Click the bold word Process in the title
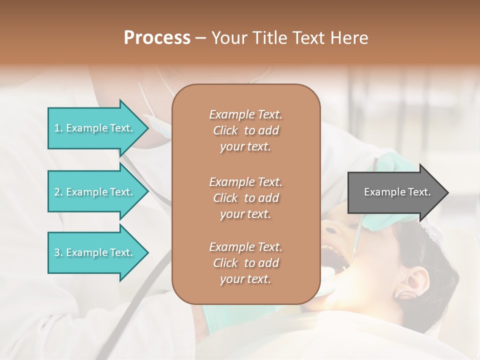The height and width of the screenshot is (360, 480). pyautogui.click(x=157, y=38)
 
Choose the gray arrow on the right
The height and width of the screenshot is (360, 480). pyautogui.click(x=395, y=192)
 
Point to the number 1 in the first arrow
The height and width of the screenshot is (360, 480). pyautogui.click(x=57, y=128)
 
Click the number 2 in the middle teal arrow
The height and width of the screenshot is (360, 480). pyautogui.click(x=57, y=192)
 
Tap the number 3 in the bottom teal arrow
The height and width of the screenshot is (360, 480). pyautogui.click(x=57, y=252)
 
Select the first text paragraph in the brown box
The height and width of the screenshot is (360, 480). pyautogui.click(x=245, y=130)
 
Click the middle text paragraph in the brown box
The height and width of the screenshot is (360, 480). pyautogui.click(x=245, y=198)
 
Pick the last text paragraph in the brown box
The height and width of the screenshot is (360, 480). pyautogui.click(x=245, y=263)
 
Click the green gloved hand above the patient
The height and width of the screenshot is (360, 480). pyautogui.click(x=395, y=167)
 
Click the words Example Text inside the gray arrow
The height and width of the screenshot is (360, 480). pyautogui.click(x=397, y=192)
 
